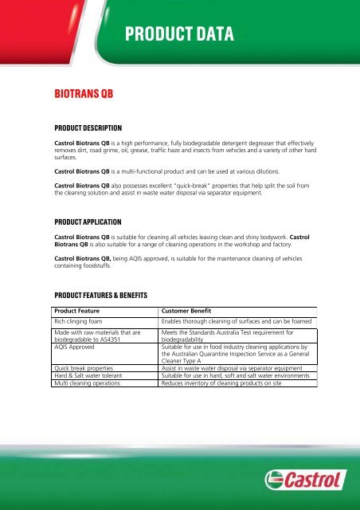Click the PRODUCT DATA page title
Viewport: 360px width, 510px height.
click(x=178, y=33)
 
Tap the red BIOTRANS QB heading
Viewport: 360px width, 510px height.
click(x=77, y=93)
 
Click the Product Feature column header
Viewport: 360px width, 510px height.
click(x=82, y=311)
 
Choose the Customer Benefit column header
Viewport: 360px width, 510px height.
click(x=192, y=311)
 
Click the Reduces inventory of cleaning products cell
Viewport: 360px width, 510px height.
click(x=227, y=383)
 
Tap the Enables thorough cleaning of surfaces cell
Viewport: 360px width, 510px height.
click(x=237, y=322)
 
